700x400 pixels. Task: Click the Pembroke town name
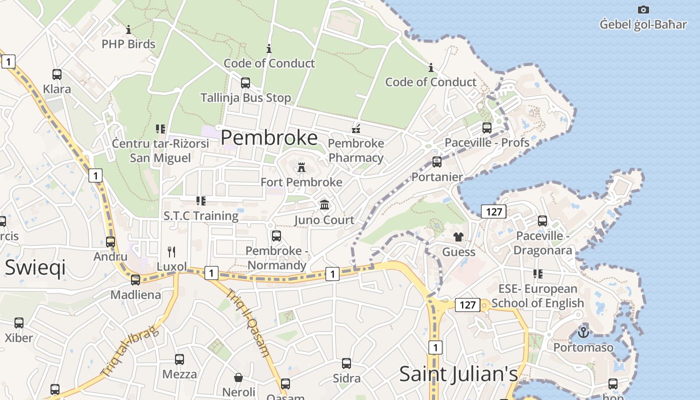pos(269,137)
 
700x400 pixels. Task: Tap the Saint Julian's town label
pos(458,374)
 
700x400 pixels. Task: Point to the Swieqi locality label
pos(35,268)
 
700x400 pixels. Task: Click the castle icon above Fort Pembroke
pos(301,167)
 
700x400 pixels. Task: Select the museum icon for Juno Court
pos(324,205)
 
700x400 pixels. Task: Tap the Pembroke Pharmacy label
pos(356,150)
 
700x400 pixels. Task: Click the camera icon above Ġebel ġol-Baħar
pos(643,9)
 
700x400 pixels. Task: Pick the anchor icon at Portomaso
pos(583,331)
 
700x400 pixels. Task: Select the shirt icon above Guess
pos(458,237)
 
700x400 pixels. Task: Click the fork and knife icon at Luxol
pos(171,251)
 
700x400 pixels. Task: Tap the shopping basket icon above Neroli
pos(238,377)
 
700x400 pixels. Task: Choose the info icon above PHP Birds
pos(128,29)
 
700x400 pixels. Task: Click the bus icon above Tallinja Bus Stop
pos(245,83)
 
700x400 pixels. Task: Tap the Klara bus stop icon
pos(57,74)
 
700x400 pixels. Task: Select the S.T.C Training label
pos(201,216)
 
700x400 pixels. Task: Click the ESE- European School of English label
pos(537,296)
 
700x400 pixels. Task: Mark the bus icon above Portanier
pos(437,162)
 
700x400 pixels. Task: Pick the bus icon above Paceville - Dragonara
pos(542,220)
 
